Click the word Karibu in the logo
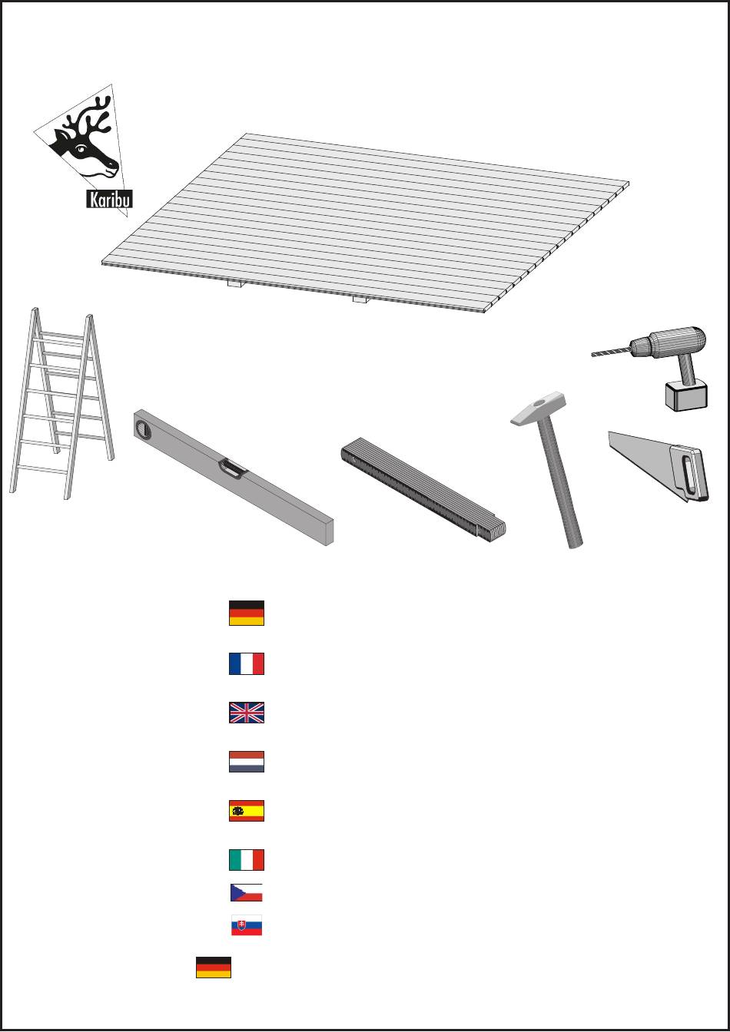click(x=109, y=199)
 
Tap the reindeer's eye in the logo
click(x=81, y=148)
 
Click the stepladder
click(x=61, y=403)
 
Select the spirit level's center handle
click(x=233, y=469)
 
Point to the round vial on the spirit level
click(x=143, y=429)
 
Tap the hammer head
click(x=539, y=408)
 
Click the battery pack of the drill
click(x=686, y=395)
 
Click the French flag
click(x=247, y=663)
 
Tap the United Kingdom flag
click(x=247, y=713)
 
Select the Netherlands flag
click(x=247, y=762)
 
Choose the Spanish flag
click(x=247, y=811)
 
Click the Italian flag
click(x=247, y=860)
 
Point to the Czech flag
click(x=246, y=892)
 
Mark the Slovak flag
click(x=247, y=925)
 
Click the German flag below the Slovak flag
click(x=214, y=967)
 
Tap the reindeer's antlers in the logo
click(x=88, y=116)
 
